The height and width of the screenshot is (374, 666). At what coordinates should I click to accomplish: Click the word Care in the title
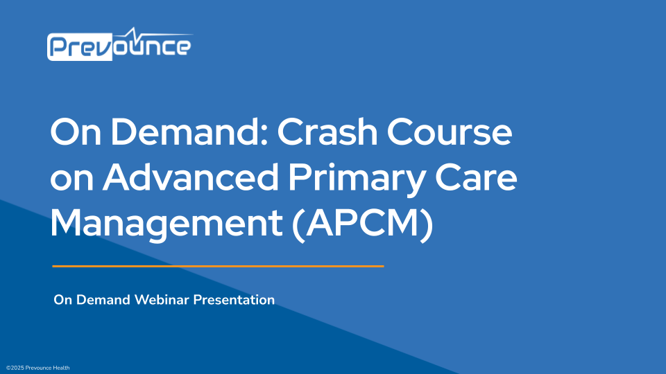click(479, 179)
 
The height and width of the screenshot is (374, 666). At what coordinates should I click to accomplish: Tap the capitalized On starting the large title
click(74, 133)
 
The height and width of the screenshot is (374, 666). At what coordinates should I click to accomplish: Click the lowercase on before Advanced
click(71, 180)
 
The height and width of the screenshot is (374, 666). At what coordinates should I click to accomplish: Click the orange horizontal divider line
click(219, 265)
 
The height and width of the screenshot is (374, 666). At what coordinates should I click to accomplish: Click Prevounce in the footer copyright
click(37, 368)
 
